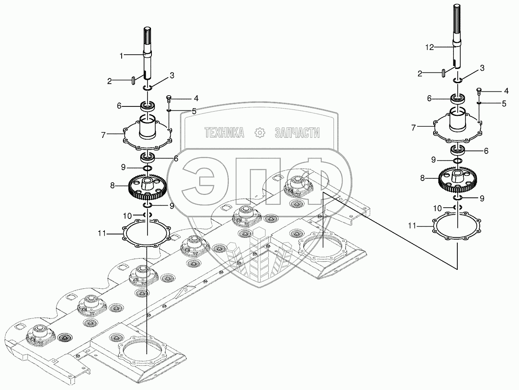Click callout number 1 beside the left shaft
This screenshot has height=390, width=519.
(122, 55)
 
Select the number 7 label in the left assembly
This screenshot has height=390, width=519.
(104, 135)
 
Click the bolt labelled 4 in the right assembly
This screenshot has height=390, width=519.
(479, 91)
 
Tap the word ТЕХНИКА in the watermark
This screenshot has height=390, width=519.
(224, 133)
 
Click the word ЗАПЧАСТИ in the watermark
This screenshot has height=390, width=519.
(297, 133)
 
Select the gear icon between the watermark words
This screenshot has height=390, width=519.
(260, 133)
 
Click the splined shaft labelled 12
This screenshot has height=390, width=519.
(457, 34)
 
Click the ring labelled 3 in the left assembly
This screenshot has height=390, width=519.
(148, 88)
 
